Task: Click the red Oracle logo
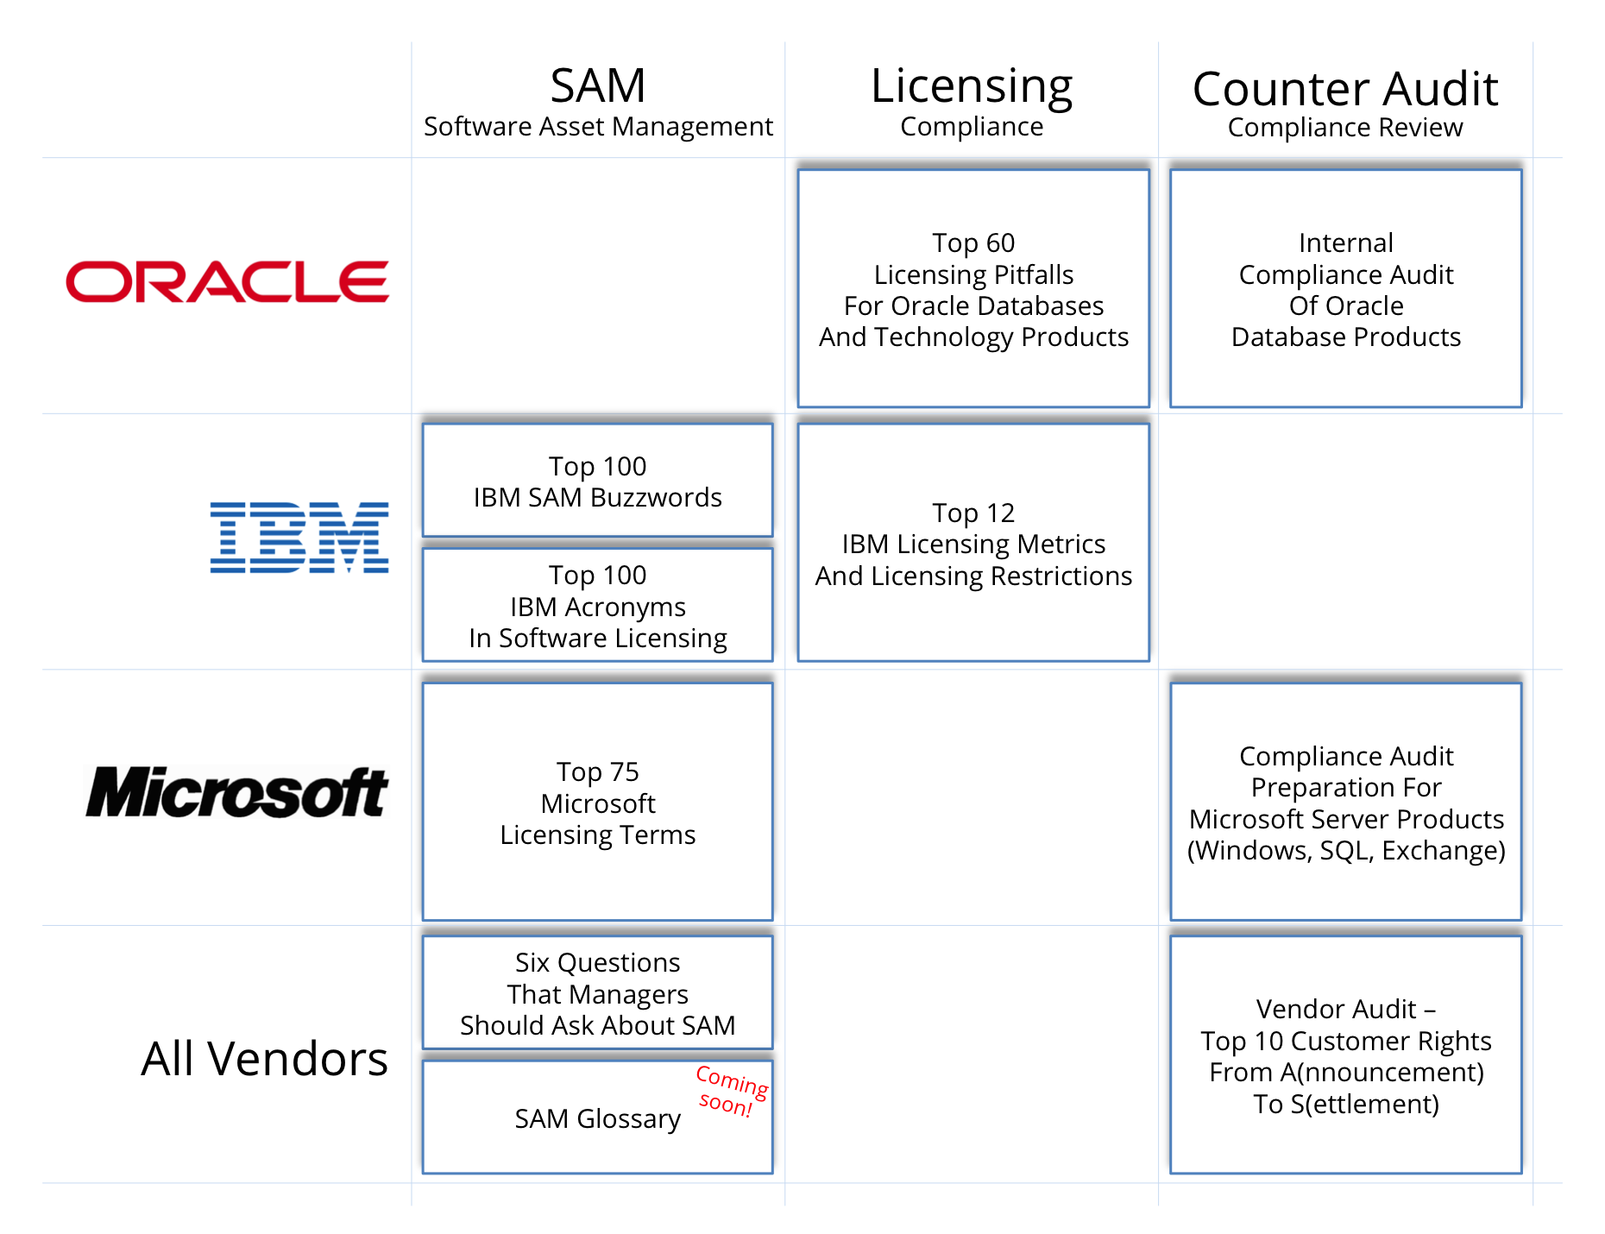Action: click(227, 282)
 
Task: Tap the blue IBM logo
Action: click(299, 537)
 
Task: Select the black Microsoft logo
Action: click(236, 792)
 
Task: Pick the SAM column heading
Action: click(597, 86)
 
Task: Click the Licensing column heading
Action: click(971, 86)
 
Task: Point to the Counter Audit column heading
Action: click(1344, 89)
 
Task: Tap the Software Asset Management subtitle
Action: click(597, 127)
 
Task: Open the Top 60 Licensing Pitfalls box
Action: click(973, 289)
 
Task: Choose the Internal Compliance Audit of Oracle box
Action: click(1345, 289)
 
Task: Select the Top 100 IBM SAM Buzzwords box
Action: click(597, 482)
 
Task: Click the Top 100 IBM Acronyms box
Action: click(597, 606)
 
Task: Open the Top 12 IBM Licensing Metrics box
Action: click(973, 544)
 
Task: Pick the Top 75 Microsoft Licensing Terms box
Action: click(597, 803)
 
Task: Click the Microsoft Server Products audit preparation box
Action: click(1345, 803)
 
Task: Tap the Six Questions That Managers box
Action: click(597, 993)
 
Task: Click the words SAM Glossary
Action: click(597, 1118)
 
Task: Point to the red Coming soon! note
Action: click(731, 1091)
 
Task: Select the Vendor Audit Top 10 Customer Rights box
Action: click(1345, 1056)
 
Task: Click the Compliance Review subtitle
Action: click(1344, 128)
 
